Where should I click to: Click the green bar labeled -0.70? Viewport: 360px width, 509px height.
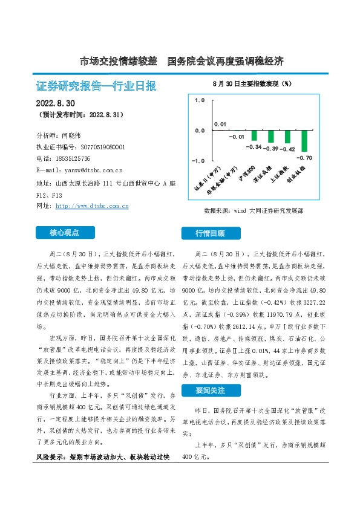[x=305, y=141]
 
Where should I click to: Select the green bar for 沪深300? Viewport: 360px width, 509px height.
[x=255, y=135]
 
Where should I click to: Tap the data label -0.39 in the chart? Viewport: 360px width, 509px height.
[x=272, y=149]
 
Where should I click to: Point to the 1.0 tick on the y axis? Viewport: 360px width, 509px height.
[x=200, y=100]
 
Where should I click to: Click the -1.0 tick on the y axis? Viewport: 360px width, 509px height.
[x=198, y=161]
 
